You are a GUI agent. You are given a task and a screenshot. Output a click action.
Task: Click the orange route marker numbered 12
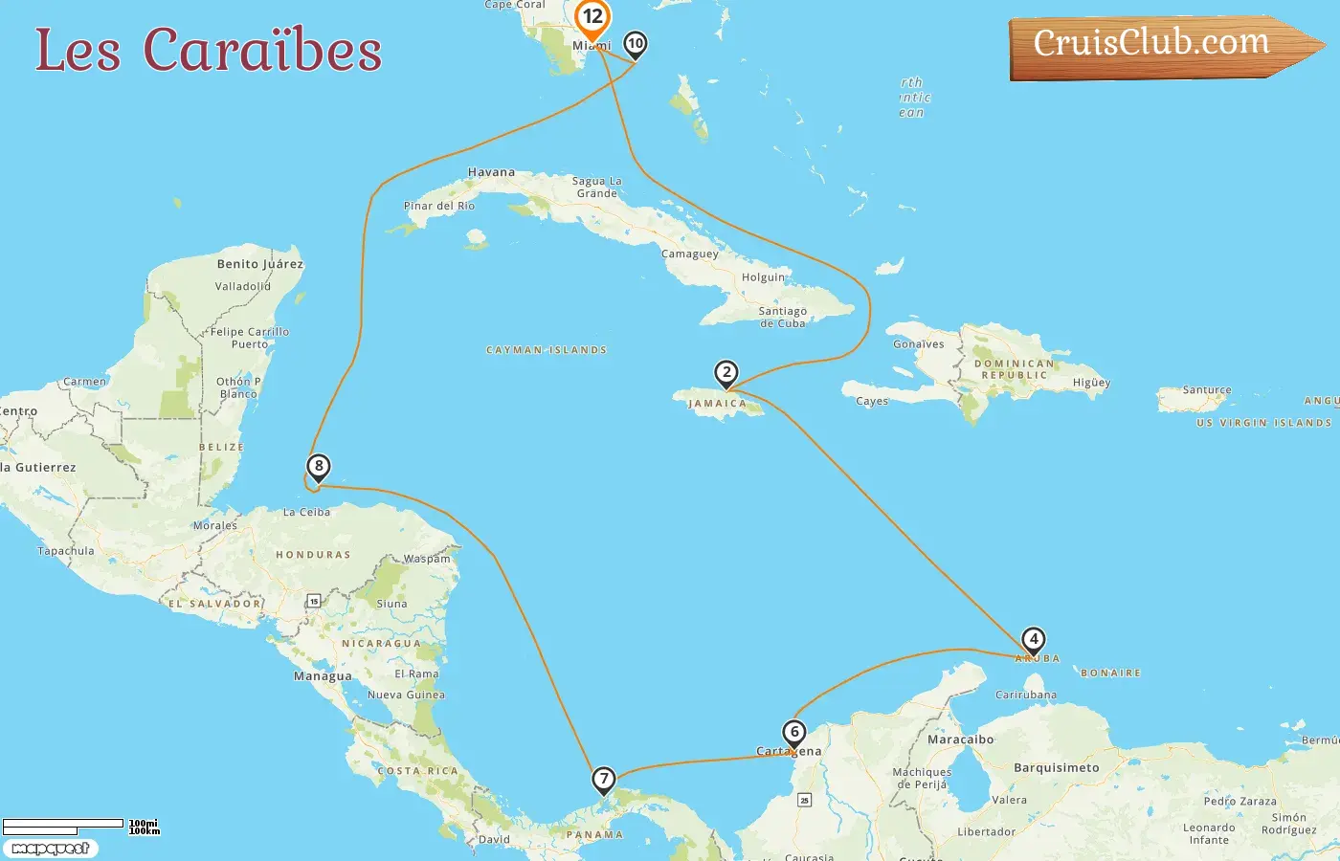(x=592, y=17)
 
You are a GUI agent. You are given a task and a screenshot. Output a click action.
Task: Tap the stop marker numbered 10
(x=635, y=43)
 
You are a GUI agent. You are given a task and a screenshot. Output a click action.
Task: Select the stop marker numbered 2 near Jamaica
(x=726, y=372)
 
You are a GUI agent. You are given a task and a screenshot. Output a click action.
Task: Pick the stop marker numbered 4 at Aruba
(x=1033, y=639)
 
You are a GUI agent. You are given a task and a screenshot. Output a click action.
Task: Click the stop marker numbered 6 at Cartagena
(x=793, y=733)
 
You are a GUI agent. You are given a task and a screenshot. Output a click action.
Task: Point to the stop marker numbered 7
(x=603, y=779)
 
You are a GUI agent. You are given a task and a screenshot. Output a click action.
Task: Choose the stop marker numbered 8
(x=318, y=467)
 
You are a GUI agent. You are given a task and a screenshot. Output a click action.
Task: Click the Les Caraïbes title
(x=209, y=50)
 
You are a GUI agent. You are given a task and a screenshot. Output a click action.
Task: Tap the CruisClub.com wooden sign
(x=1158, y=45)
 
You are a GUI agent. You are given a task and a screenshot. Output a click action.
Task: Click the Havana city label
(x=491, y=172)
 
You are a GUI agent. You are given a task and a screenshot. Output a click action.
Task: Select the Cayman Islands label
(x=547, y=350)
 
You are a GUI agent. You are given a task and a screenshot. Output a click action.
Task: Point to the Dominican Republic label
(x=1014, y=369)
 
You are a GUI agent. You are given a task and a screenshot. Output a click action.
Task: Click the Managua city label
(x=323, y=676)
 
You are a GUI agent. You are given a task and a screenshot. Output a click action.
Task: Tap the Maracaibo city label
(x=960, y=740)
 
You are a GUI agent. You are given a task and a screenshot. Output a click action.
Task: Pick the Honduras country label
(x=313, y=555)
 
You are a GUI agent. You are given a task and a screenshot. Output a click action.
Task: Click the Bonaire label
(x=1110, y=673)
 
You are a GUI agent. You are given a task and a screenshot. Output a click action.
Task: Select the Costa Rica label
(x=417, y=771)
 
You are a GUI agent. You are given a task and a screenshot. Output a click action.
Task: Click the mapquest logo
(x=50, y=849)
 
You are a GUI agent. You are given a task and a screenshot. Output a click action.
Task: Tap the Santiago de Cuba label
(x=783, y=317)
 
